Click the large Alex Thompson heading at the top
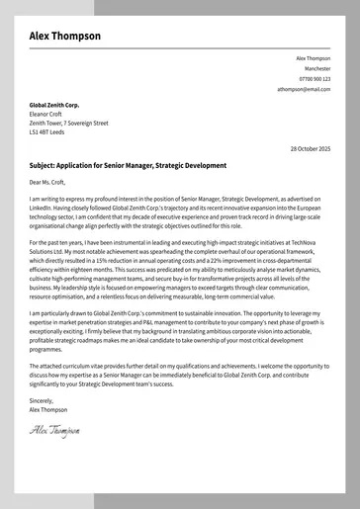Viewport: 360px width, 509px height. [x=64, y=36]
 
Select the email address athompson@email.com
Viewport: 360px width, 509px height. [x=304, y=89]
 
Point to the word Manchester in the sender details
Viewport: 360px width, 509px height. [x=317, y=68]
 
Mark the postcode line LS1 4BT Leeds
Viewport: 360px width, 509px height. [x=47, y=131]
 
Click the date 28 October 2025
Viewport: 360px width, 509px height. [x=310, y=148]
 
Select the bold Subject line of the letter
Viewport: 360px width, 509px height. [x=128, y=165]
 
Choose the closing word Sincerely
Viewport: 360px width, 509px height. [x=43, y=400]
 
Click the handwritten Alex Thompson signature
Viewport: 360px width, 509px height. [x=54, y=430]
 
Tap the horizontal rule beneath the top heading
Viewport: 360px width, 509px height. [x=180, y=47]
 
